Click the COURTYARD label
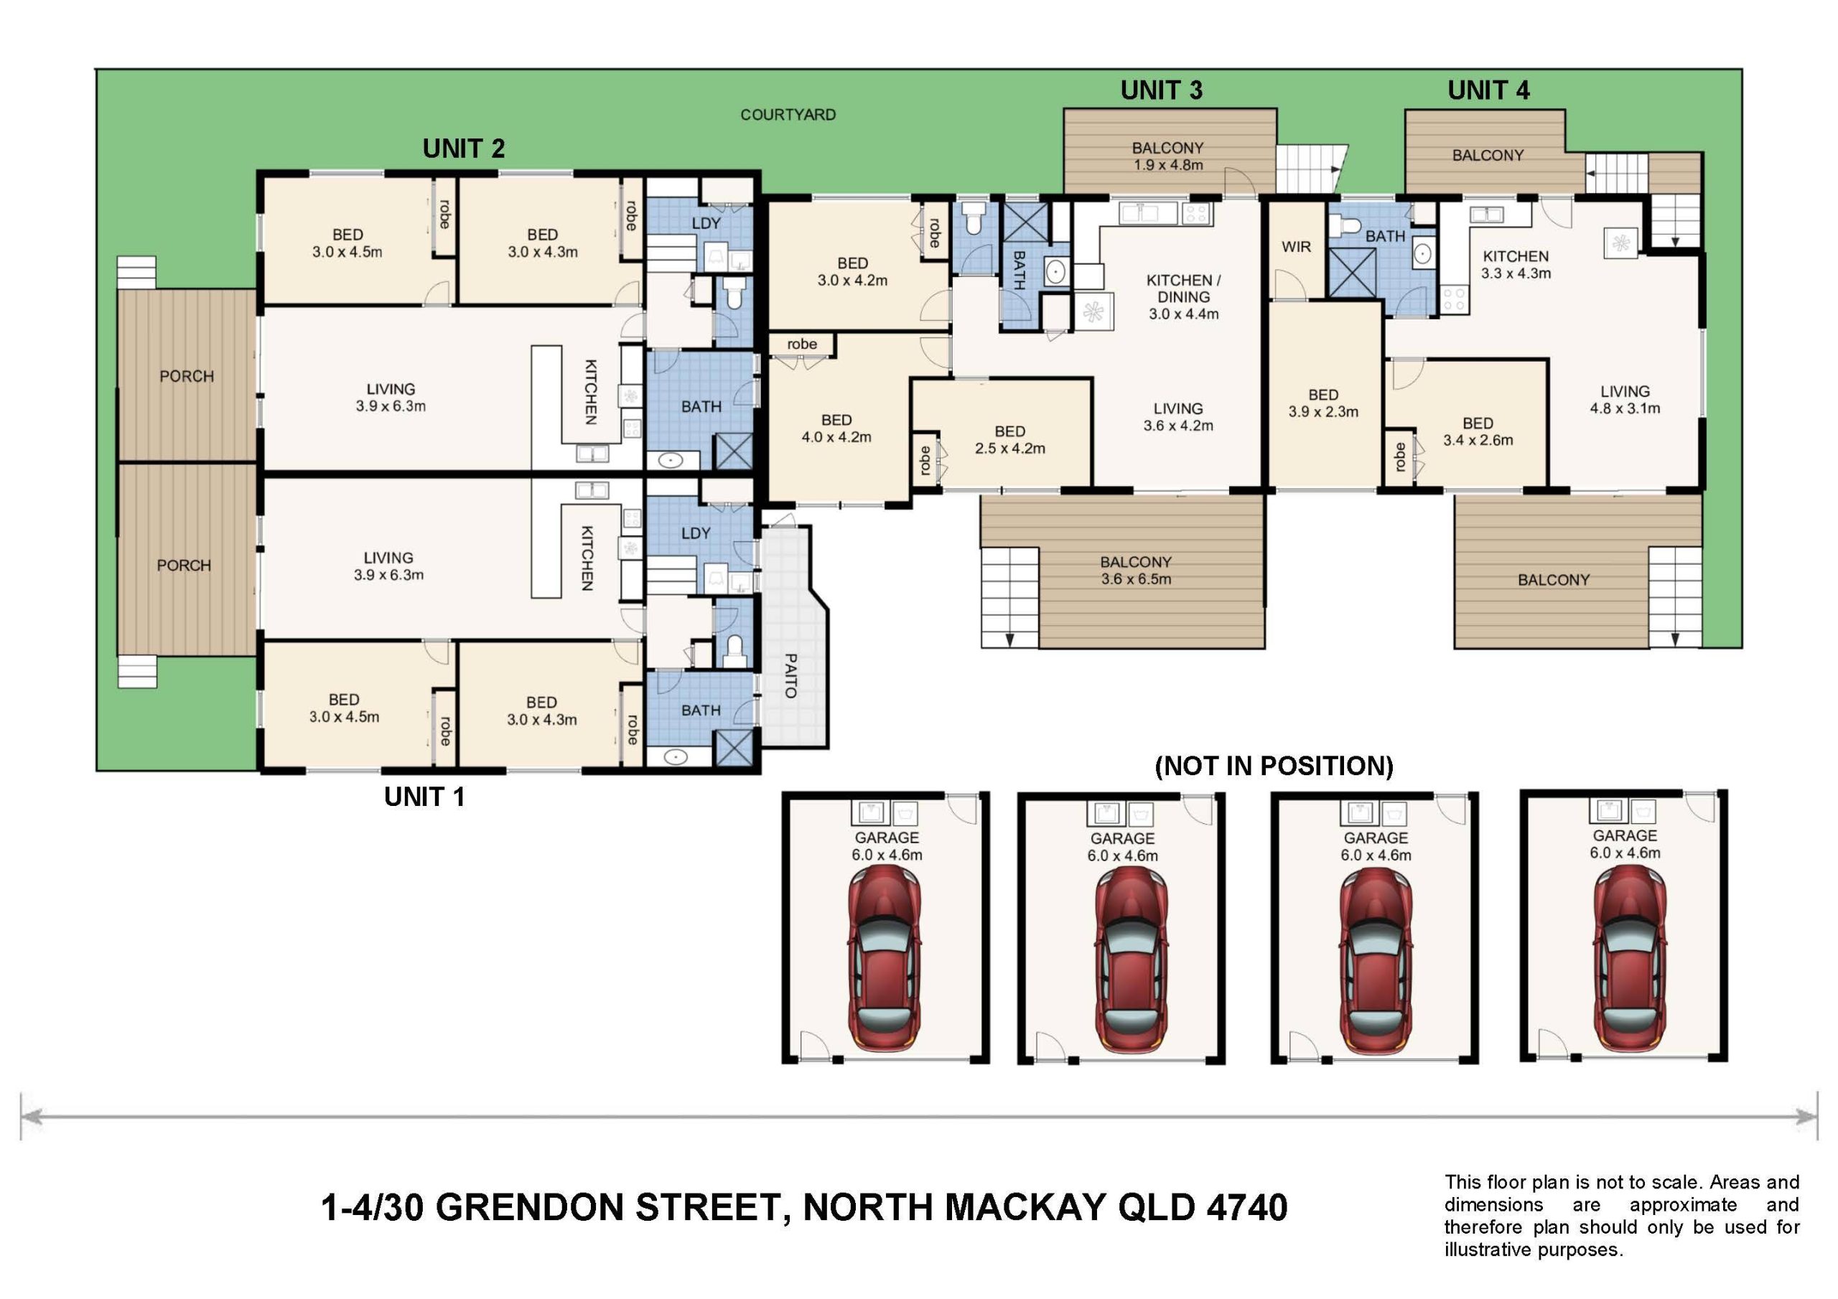click(x=788, y=114)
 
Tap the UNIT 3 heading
click(x=1161, y=90)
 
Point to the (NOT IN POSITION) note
click(x=1274, y=766)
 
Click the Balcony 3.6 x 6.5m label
click(x=1136, y=571)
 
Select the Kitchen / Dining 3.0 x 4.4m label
click(x=1184, y=297)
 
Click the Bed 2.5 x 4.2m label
click(x=1010, y=440)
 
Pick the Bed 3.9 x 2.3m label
click(x=1323, y=403)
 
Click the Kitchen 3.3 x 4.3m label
click(x=1516, y=265)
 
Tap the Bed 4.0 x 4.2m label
click(x=836, y=429)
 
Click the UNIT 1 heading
click(x=424, y=797)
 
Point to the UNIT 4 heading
click(x=1488, y=90)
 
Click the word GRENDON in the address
click(x=529, y=1208)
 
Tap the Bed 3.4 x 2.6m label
click(x=1478, y=431)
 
